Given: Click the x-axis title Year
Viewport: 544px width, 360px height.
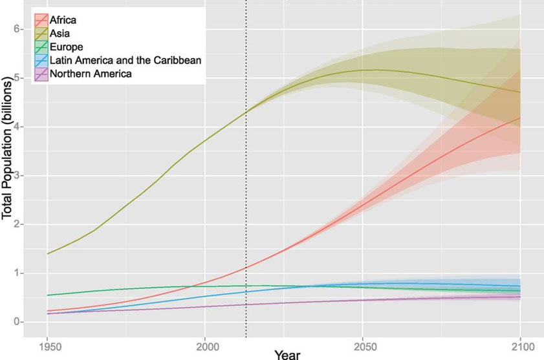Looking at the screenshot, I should [286, 354].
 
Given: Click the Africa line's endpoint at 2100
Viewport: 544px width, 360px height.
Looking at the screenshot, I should [521, 118].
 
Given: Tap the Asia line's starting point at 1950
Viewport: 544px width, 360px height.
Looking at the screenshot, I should [48, 253].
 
